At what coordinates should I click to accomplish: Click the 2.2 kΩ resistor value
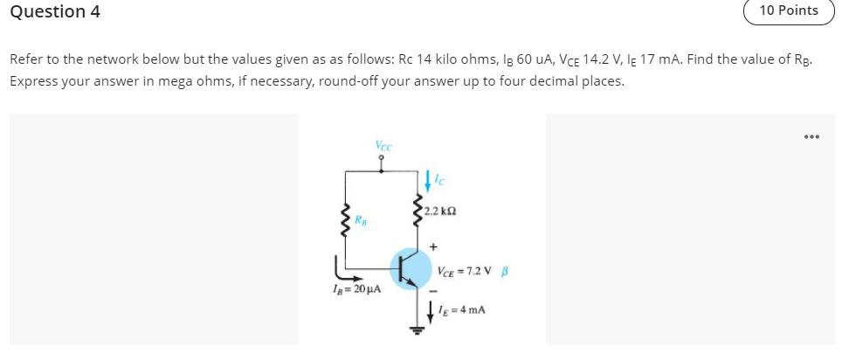click(x=440, y=211)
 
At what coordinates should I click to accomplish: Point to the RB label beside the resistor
click(x=361, y=219)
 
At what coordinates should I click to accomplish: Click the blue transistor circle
click(x=410, y=268)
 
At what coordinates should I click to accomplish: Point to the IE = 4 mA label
click(x=466, y=310)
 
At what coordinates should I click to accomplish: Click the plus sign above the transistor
click(x=431, y=247)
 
